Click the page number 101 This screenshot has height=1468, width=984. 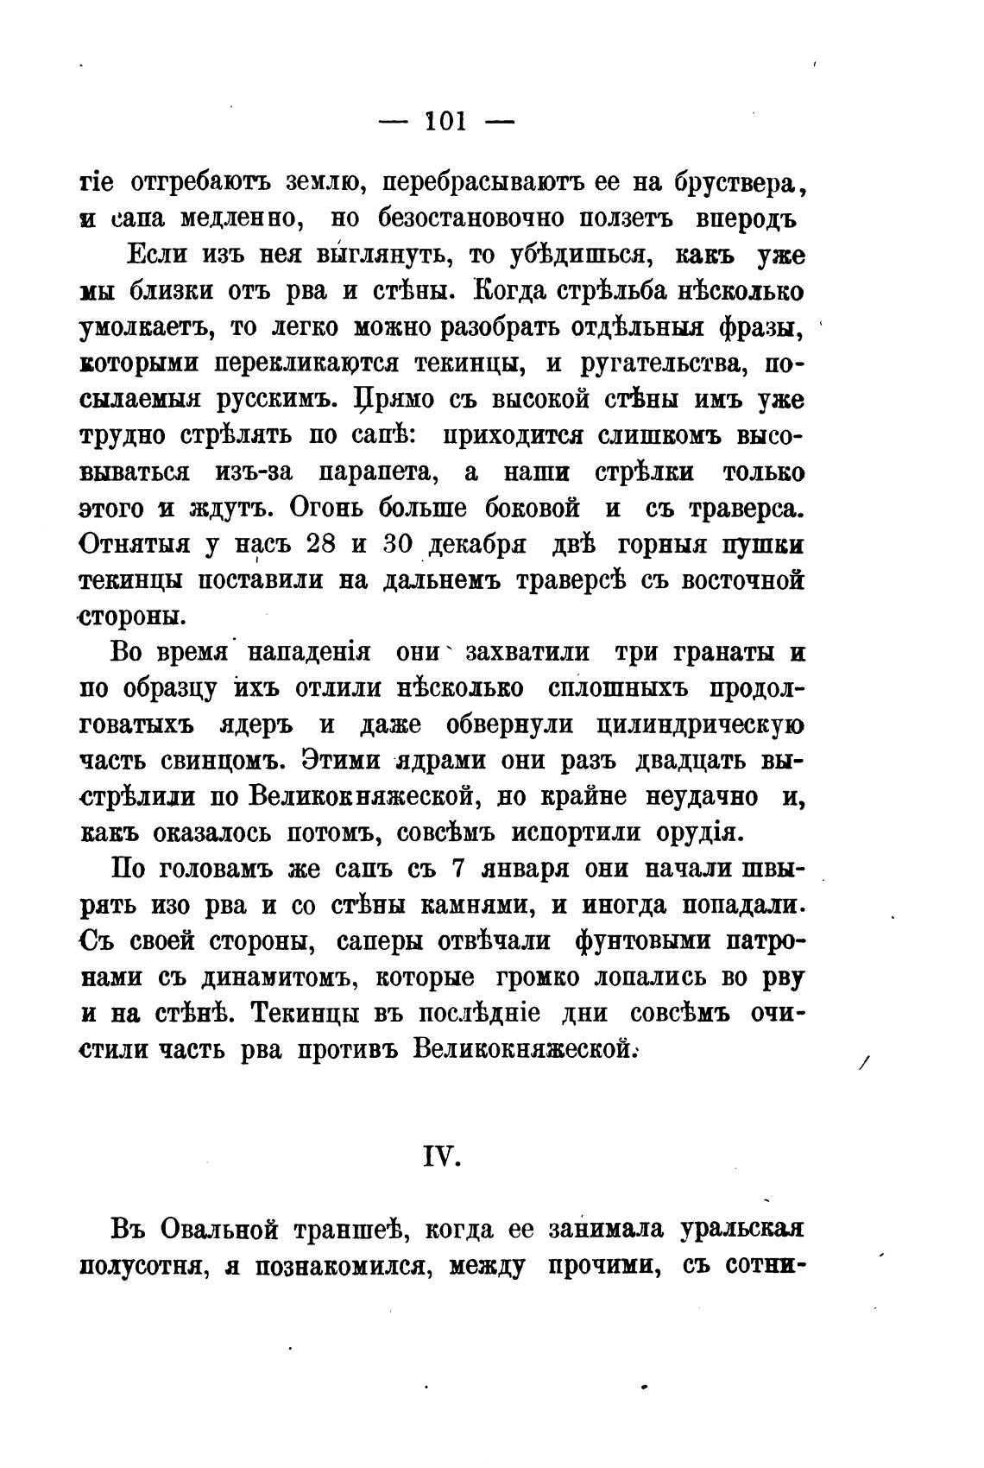point(446,122)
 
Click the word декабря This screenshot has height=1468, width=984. point(477,547)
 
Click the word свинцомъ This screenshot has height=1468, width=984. point(224,762)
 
